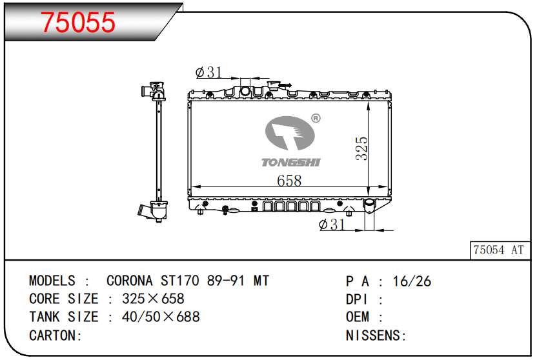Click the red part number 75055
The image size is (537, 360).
[x=78, y=22]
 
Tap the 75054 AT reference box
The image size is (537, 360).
[x=500, y=250]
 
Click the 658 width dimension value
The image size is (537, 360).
[x=289, y=181]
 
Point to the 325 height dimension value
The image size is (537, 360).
[x=361, y=148]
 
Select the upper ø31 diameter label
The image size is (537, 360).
[x=208, y=72]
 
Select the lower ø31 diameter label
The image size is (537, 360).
[x=332, y=225]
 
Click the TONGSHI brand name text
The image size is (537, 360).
[x=291, y=162]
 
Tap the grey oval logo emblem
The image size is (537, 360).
[x=290, y=133]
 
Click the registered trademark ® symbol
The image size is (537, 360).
[x=316, y=119]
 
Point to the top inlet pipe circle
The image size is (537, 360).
[x=245, y=92]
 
